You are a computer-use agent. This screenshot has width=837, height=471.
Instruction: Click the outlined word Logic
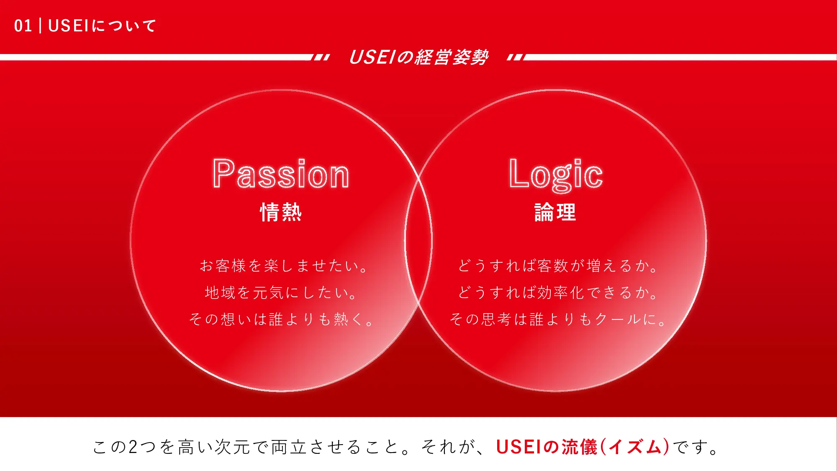[555, 175]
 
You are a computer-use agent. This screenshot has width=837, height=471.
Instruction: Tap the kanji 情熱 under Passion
[281, 212]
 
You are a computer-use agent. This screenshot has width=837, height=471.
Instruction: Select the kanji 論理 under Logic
[555, 212]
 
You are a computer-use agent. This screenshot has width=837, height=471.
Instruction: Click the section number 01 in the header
[23, 26]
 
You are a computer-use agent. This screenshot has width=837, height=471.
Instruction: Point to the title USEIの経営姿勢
[418, 57]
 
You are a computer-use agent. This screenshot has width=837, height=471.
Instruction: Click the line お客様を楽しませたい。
[283, 266]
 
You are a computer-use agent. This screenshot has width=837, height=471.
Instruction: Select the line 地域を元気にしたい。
[281, 293]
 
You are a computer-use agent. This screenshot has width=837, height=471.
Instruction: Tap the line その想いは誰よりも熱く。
[281, 319]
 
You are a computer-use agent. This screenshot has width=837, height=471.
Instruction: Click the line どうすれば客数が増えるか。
[558, 266]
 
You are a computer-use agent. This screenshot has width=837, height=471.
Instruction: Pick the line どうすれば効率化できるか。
[558, 293]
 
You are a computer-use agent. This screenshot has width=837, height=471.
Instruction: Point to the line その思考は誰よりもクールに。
[558, 319]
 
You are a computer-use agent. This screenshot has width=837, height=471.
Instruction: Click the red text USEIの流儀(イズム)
[583, 447]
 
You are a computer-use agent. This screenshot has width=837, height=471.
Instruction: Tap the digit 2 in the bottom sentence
[133, 447]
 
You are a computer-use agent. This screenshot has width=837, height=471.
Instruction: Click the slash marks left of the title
[321, 57]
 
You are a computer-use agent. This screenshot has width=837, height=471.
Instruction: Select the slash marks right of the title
[516, 57]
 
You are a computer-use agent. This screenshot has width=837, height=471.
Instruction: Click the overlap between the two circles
[418, 241]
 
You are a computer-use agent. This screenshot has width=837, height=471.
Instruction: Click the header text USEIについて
[102, 26]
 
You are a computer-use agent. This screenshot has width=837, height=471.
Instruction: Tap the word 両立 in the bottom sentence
[290, 447]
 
